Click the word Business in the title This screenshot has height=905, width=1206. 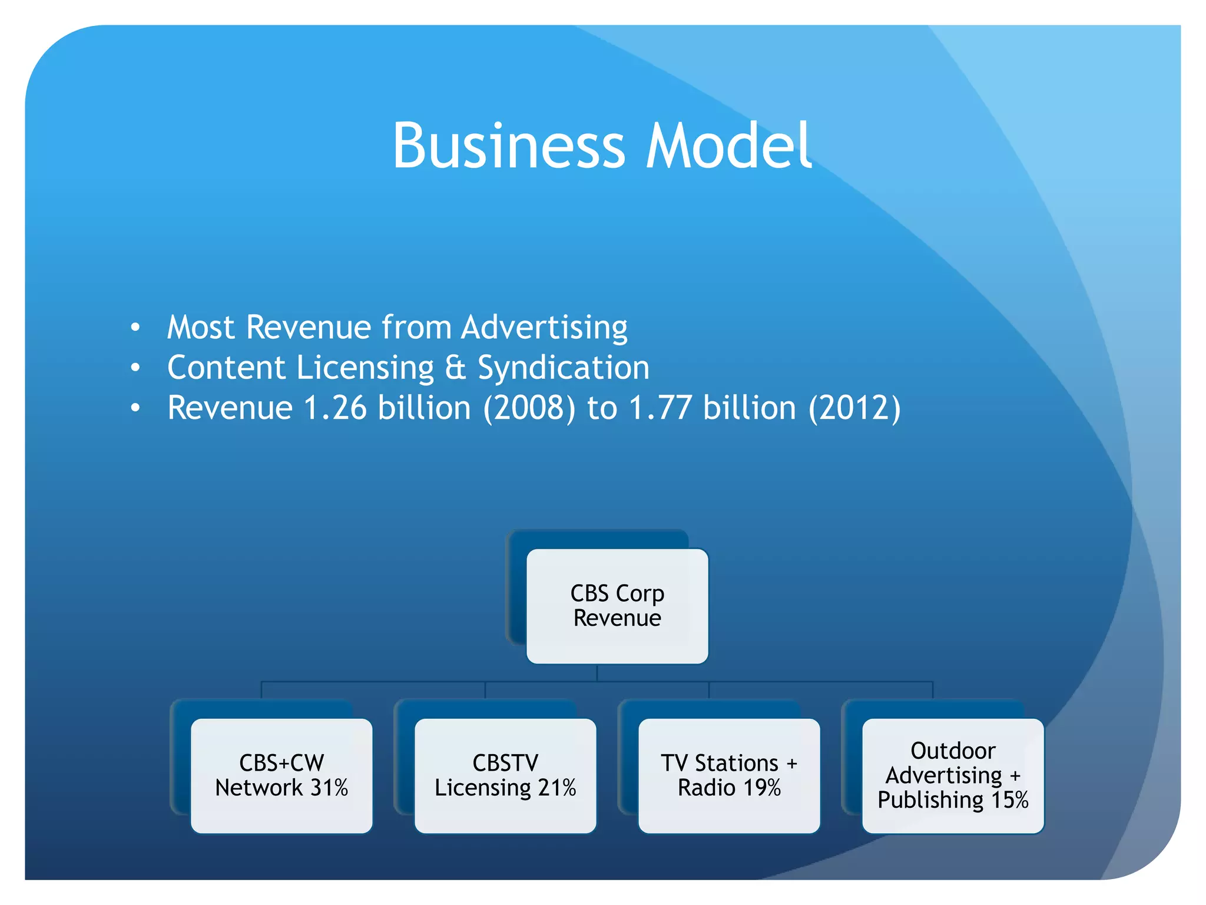508,146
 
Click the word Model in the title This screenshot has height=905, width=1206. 729,146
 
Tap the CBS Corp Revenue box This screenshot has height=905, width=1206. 617,606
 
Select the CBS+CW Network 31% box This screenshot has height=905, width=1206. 281,775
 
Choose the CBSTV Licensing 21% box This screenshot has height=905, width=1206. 505,775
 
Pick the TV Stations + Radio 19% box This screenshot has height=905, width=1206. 729,775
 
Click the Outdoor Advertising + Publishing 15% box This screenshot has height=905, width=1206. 953,775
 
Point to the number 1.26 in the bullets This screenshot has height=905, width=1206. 335,408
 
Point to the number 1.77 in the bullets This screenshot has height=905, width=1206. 660,408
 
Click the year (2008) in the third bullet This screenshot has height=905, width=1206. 529,408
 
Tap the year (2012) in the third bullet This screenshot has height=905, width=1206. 854,408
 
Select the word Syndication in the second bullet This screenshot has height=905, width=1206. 564,368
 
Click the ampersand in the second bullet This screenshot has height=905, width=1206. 455,368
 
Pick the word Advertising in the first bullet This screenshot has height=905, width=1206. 545,327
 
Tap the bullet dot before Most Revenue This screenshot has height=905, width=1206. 135,327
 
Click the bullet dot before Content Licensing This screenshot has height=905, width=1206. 135,368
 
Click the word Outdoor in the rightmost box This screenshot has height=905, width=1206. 953,751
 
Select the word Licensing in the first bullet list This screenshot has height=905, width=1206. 365,368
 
